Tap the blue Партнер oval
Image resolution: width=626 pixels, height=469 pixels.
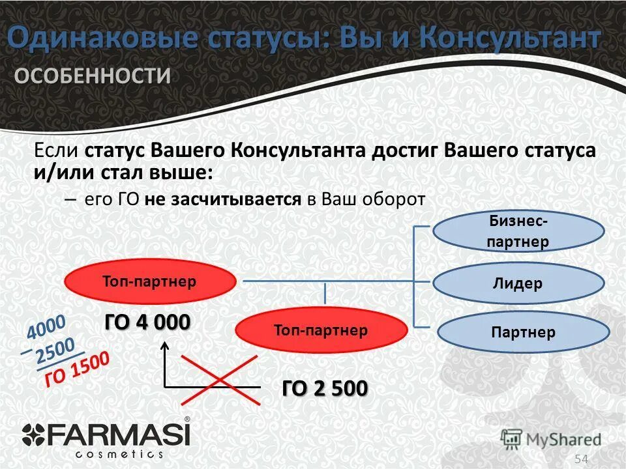pyautogui.click(x=522, y=332)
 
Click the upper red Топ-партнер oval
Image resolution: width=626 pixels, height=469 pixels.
pyautogui.click(x=149, y=281)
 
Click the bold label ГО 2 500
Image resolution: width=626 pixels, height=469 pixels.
pyautogui.click(x=324, y=388)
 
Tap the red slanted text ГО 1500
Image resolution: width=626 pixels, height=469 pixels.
pyautogui.click(x=77, y=369)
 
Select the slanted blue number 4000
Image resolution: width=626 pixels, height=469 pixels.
pyautogui.click(x=46, y=327)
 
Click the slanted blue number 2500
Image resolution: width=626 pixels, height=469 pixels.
pyautogui.click(x=55, y=350)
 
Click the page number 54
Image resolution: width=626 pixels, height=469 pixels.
pyautogui.click(x=581, y=459)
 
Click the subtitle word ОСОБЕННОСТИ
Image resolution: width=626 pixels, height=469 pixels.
pyautogui.click(x=93, y=76)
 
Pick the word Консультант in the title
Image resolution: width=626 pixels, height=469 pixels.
pyautogui.click(x=510, y=38)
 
